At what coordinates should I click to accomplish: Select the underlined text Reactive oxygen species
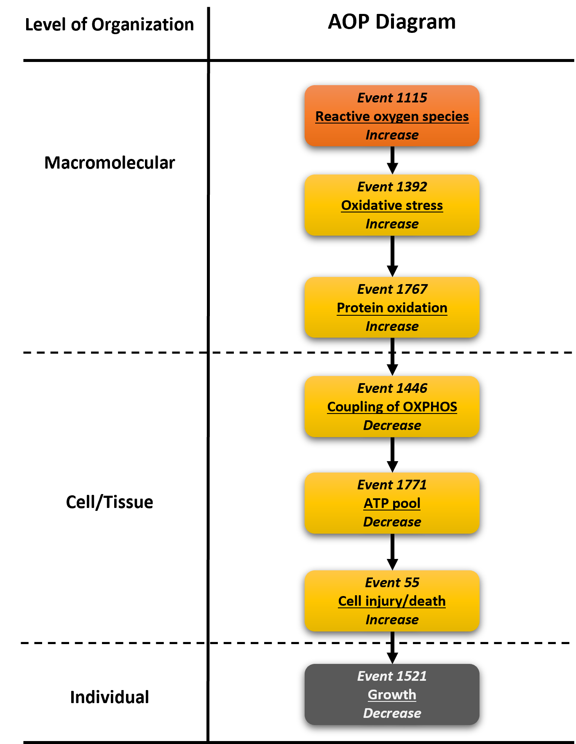point(392,116)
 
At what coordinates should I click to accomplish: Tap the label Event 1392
point(392,187)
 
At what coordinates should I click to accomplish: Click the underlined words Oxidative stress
point(392,205)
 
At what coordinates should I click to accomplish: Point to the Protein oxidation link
point(392,308)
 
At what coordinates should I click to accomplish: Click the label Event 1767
point(392,289)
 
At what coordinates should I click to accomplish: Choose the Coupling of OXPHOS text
point(392,407)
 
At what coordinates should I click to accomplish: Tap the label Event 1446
point(392,388)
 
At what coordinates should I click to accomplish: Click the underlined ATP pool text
point(392,503)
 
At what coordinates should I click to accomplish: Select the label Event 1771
point(392,485)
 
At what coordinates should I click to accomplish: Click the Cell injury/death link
point(392,601)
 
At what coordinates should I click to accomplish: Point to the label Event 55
point(392,583)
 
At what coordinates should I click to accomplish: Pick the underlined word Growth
point(392,695)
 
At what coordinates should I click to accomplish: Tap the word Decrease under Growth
point(392,713)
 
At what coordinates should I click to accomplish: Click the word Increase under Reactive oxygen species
point(392,135)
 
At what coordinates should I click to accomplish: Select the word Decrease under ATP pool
point(392,522)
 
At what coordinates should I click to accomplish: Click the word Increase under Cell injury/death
point(392,620)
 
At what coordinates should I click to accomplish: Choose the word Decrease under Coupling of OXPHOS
point(392,425)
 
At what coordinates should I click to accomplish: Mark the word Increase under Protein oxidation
point(392,326)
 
